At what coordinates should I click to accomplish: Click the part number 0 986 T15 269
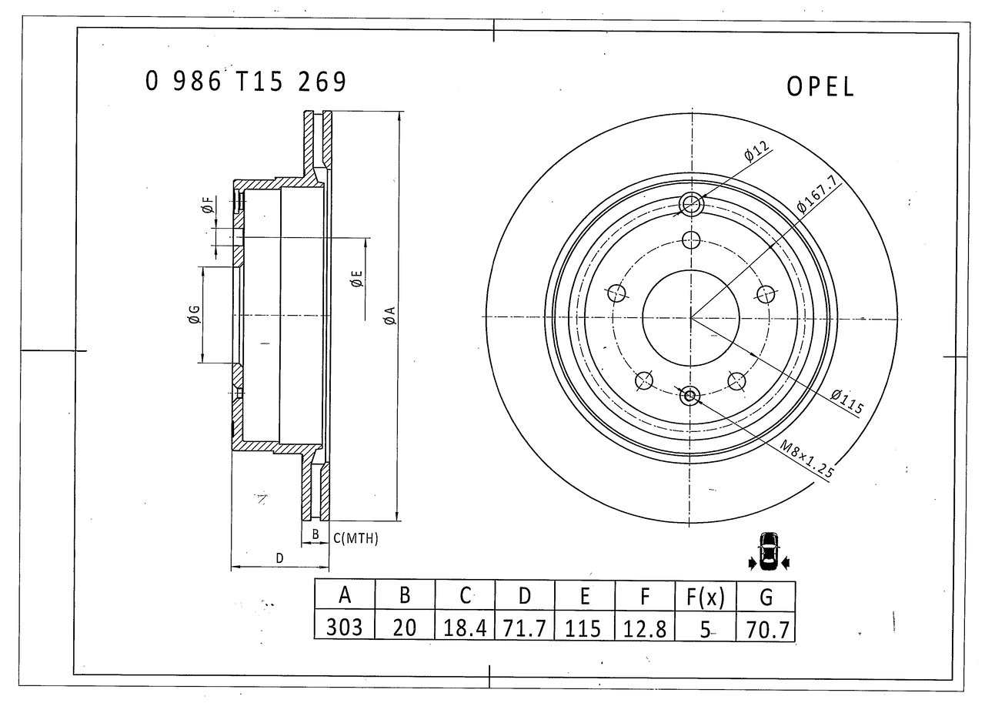(x=245, y=82)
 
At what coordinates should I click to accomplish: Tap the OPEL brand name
(x=820, y=87)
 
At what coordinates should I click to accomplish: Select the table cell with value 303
(x=344, y=627)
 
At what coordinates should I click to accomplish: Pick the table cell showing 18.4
(x=465, y=628)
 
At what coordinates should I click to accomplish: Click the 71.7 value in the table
(x=525, y=628)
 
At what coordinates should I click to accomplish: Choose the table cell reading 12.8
(x=645, y=629)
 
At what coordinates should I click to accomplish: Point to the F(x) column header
(x=706, y=598)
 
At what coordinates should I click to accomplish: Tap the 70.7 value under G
(x=766, y=630)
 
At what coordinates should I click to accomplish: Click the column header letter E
(x=584, y=596)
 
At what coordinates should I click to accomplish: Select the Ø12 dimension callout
(x=756, y=151)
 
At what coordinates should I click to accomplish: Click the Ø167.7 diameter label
(x=817, y=193)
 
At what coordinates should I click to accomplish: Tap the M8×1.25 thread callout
(x=807, y=459)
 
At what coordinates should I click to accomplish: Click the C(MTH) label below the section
(x=356, y=538)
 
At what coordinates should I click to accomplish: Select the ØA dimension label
(x=389, y=316)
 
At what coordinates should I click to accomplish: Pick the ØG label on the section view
(x=194, y=315)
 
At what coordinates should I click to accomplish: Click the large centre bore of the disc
(x=691, y=318)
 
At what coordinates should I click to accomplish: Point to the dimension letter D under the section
(x=279, y=557)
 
